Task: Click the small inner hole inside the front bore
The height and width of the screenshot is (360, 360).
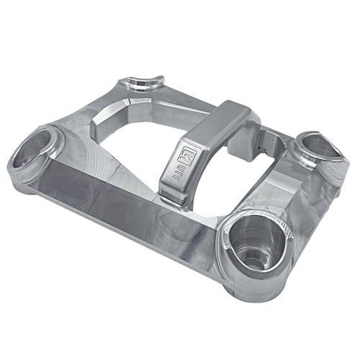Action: pyautogui.click(x=251, y=252)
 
